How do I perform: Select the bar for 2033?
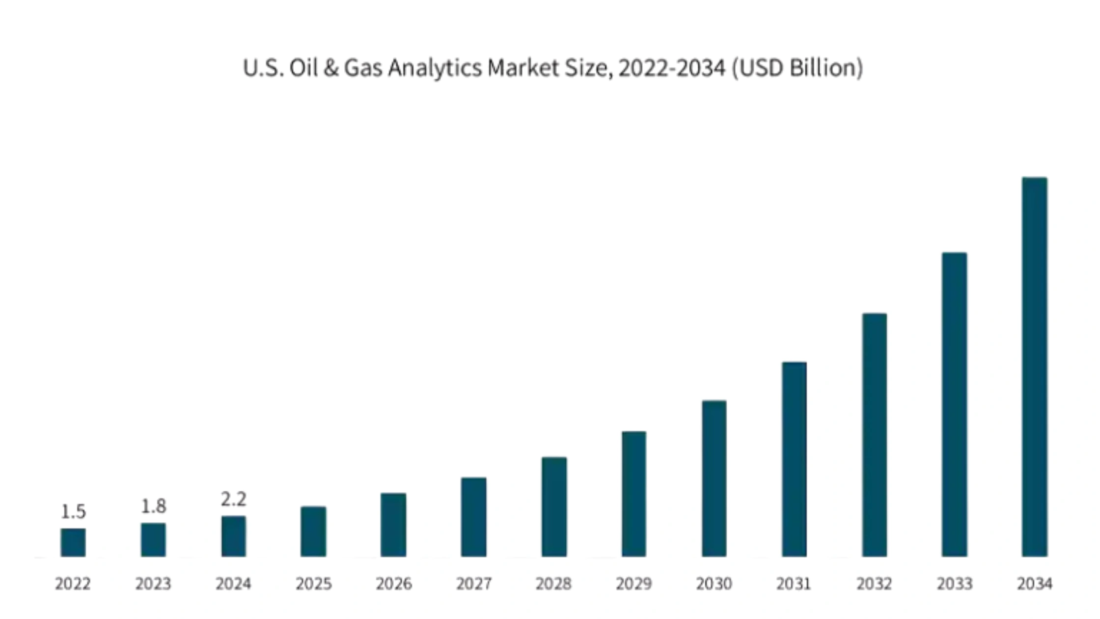[x=954, y=405]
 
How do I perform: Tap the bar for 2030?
[x=714, y=478]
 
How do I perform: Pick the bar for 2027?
[x=473, y=517]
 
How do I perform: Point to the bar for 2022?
[x=73, y=542]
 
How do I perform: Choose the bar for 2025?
[x=313, y=532]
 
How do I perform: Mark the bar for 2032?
[x=874, y=435]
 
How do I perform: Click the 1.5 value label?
[x=73, y=512]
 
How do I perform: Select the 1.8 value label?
[x=153, y=506]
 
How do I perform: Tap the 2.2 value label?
[x=233, y=499]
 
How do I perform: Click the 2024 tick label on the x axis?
[x=233, y=584]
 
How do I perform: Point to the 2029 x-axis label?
[x=633, y=584]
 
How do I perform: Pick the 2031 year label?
[x=794, y=584]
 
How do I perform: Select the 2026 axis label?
[x=393, y=584]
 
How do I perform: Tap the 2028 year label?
[x=553, y=584]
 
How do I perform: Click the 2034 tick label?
[x=1034, y=584]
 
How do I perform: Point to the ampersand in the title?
[x=331, y=68]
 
